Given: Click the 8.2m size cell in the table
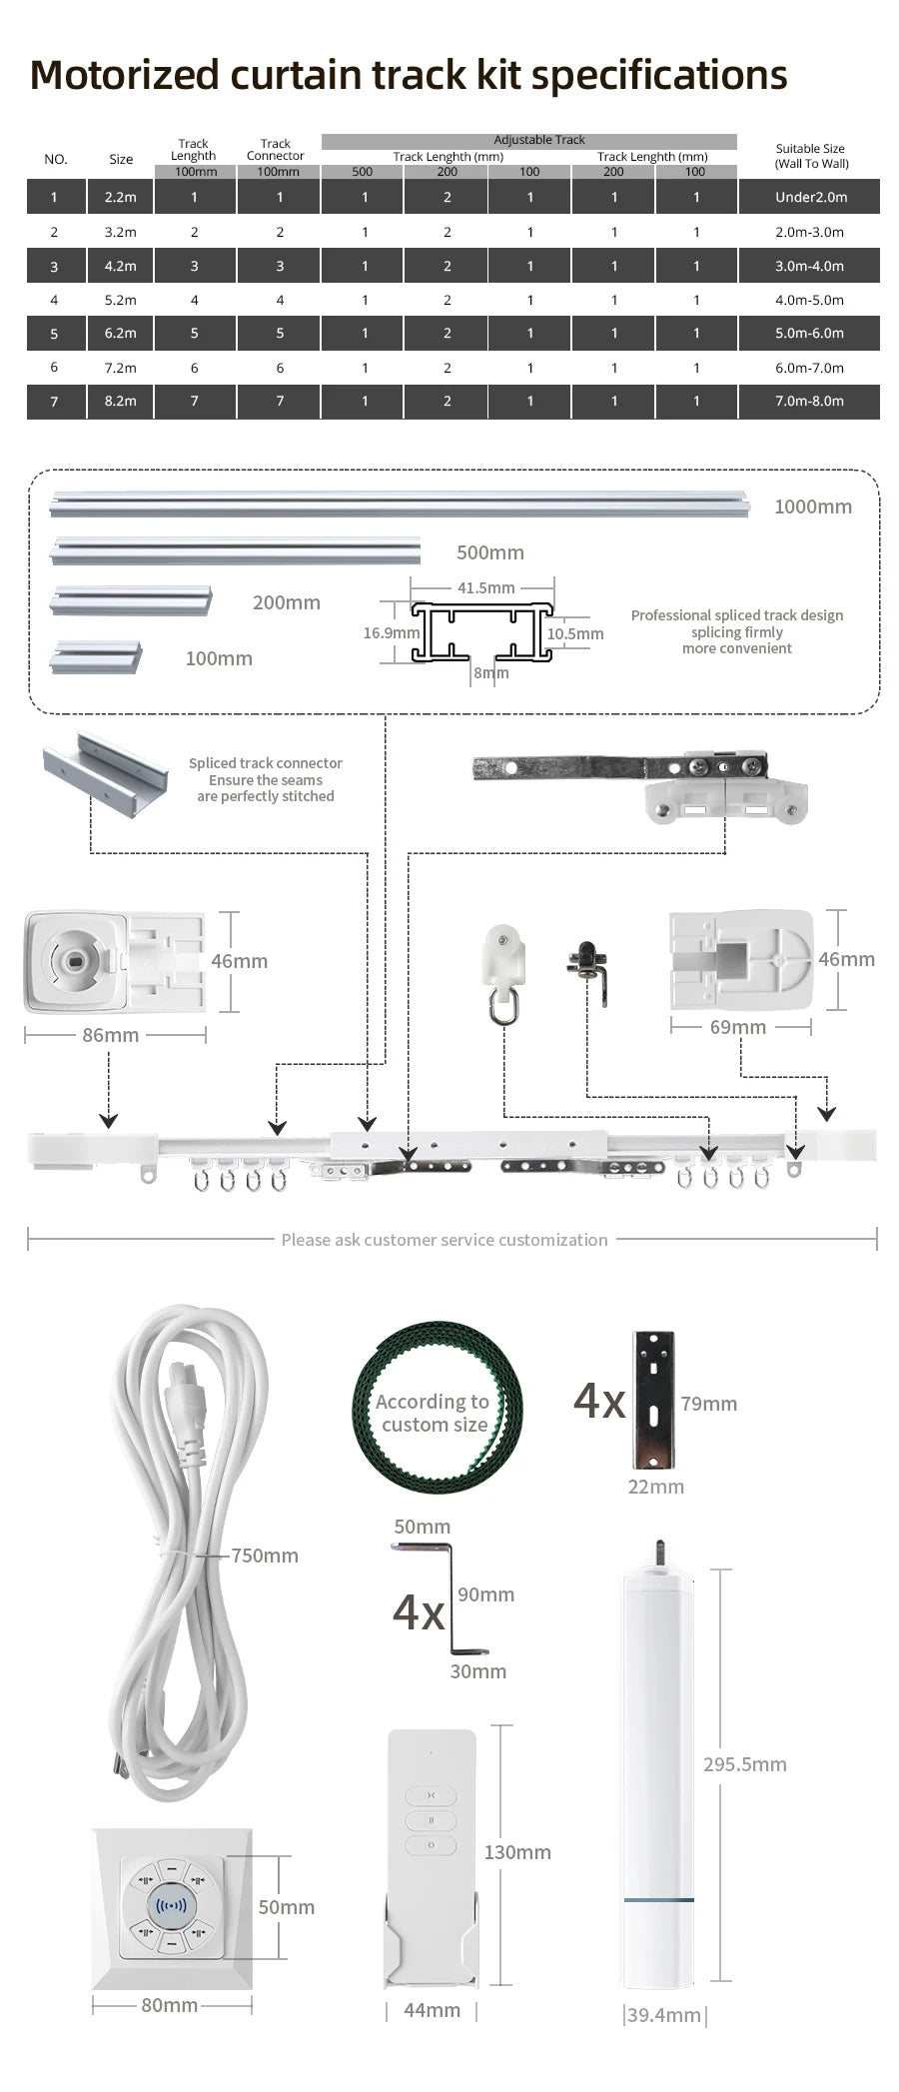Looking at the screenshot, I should pyautogui.click(x=120, y=402).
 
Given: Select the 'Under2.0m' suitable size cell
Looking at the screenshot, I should pyautogui.click(x=810, y=197).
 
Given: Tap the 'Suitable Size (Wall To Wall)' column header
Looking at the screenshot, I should pyautogui.click(x=811, y=156).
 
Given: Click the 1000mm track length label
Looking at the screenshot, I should pyautogui.click(x=813, y=507).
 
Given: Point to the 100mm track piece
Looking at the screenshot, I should pyautogui.click(x=97, y=656).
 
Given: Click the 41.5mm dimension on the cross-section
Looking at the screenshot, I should pyautogui.click(x=485, y=587).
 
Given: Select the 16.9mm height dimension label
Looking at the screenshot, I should pyautogui.click(x=391, y=632).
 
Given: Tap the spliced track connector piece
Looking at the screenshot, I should pyautogui.click(x=105, y=772).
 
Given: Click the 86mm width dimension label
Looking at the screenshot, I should pyautogui.click(x=110, y=1035).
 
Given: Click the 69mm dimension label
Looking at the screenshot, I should pyautogui.click(x=737, y=1027).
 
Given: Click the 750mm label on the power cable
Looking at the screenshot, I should pyautogui.click(x=264, y=1555).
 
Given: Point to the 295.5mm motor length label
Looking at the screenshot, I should pyautogui.click(x=744, y=1763).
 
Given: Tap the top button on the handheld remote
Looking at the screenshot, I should pyautogui.click(x=432, y=1794).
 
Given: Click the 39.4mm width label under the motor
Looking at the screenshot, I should pyautogui.click(x=663, y=2015).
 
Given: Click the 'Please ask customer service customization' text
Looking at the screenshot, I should pyautogui.click(x=445, y=1240).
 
